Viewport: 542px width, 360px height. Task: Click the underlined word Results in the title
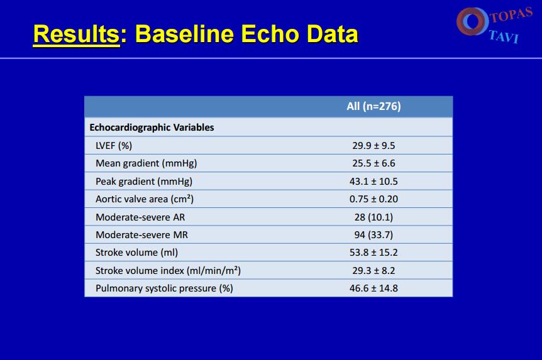click(x=76, y=34)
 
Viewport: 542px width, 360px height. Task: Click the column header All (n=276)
click(x=373, y=106)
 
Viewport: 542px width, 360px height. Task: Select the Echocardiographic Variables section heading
click(x=152, y=128)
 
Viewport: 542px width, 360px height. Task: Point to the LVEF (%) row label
click(x=114, y=146)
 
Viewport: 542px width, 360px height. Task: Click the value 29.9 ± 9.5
click(x=373, y=146)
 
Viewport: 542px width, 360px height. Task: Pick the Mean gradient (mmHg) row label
click(x=147, y=163)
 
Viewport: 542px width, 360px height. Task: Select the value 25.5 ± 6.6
click(x=373, y=163)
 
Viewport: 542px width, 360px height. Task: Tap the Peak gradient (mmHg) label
click(x=144, y=182)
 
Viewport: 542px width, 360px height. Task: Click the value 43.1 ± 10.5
click(x=373, y=182)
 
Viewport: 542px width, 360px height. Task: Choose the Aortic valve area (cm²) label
click(x=145, y=199)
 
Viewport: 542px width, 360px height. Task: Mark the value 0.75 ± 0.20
click(x=373, y=199)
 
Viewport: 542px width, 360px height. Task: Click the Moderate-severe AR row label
click(x=140, y=217)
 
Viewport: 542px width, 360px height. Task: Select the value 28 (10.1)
click(x=373, y=217)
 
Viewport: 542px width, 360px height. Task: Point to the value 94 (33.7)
click(x=373, y=235)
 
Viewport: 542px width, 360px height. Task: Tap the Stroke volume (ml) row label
click(x=136, y=253)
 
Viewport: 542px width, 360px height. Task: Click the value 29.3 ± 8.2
click(x=373, y=271)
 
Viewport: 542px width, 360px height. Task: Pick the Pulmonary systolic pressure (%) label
click(x=164, y=288)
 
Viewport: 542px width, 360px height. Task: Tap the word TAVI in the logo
click(x=504, y=36)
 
